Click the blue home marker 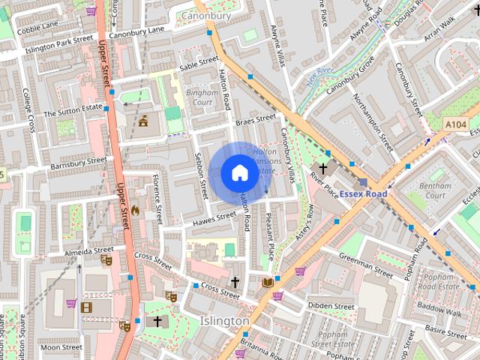tap(239, 173)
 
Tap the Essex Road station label tap(363, 193)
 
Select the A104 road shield tap(455, 124)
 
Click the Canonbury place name tap(205, 14)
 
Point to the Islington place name tap(225, 321)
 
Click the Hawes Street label tap(214, 219)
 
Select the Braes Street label tap(256, 119)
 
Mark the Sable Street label tap(199, 65)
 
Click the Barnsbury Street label tap(79, 163)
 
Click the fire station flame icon tap(135, 211)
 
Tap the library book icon tap(268, 282)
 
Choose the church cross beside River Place tap(324, 169)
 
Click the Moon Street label tap(61, 347)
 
